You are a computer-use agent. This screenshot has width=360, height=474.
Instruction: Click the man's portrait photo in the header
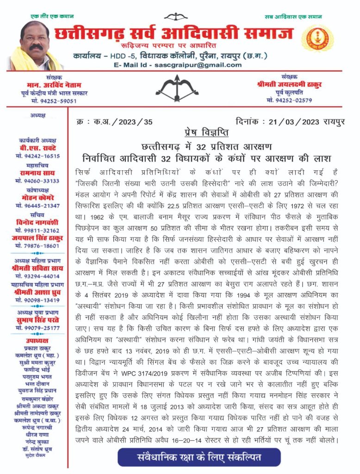(37, 46)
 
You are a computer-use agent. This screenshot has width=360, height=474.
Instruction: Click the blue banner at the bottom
(199, 457)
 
